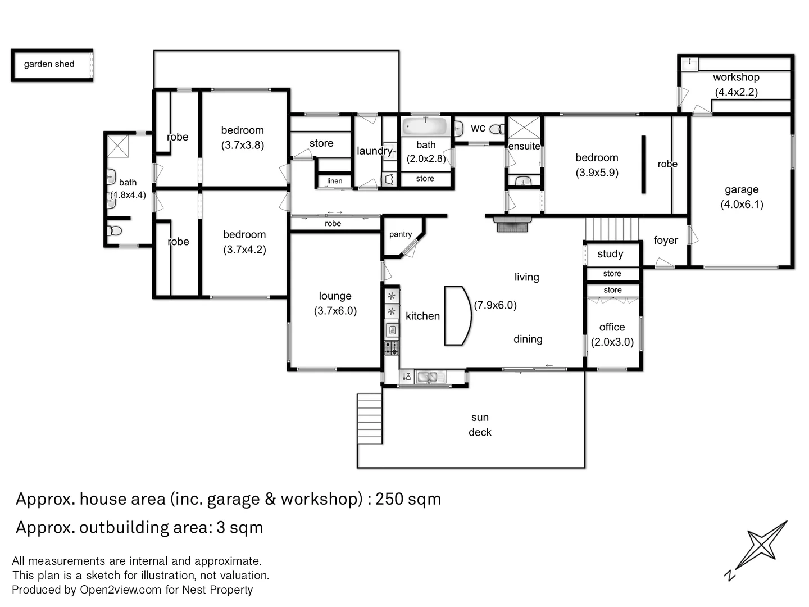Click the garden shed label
(x=49, y=64)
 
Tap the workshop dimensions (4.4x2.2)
(x=736, y=92)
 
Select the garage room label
(x=741, y=190)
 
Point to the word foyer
(x=666, y=241)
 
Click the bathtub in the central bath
(x=425, y=126)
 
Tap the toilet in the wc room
(x=497, y=129)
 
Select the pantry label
(x=401, y=234)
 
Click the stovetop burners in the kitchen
(x=392, y=348)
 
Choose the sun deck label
(x=480, y=424)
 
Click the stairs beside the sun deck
(x=370, y=419)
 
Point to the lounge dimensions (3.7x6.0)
(x=335, y=311)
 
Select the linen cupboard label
(x=334, y=181)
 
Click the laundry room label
(x=374, y=151)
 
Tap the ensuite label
(x=524, y=146)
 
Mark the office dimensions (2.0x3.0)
(x=612, y=342)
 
